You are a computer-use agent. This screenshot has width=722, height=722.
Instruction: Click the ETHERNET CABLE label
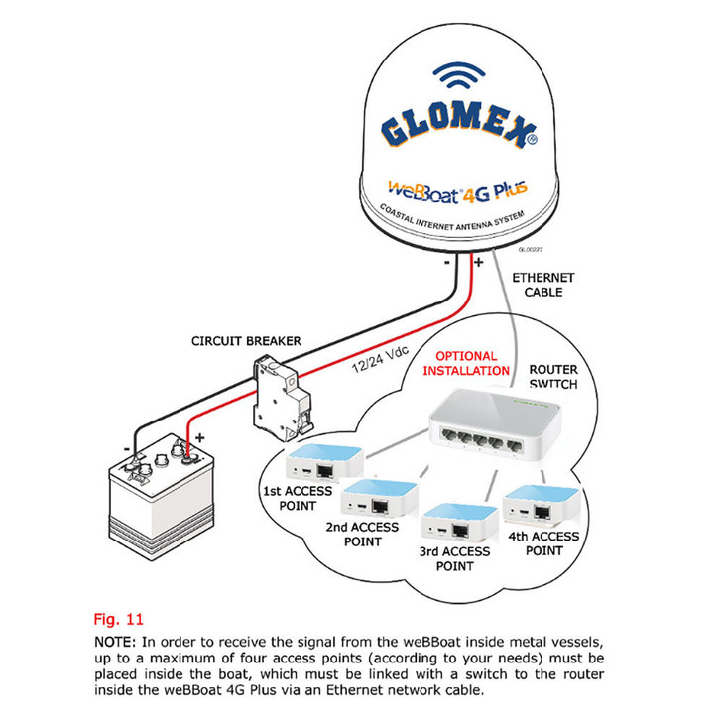click(x=542, y=285)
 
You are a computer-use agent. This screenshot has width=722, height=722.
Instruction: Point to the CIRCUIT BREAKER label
click(x=246, y=341)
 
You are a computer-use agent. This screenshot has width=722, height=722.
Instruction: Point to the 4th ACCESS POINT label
click(x=543, y=543)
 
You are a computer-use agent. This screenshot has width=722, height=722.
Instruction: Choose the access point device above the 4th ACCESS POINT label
click(x=536, y=506)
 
